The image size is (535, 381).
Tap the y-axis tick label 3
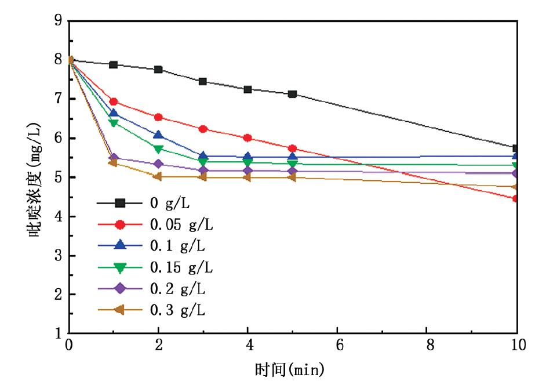click(x=58, y=256)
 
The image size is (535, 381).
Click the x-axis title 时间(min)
click(x=289, y=368)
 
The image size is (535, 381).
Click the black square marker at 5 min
click(x=293, y=94)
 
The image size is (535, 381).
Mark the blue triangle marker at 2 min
click(x=158, y=135)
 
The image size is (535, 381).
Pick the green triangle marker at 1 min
click(x=114, y=123)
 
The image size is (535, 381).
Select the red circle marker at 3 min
click(x=203, y=129)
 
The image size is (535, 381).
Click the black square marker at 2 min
click(x=158, y=70)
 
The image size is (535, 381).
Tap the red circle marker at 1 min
click(x=114, y=101)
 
